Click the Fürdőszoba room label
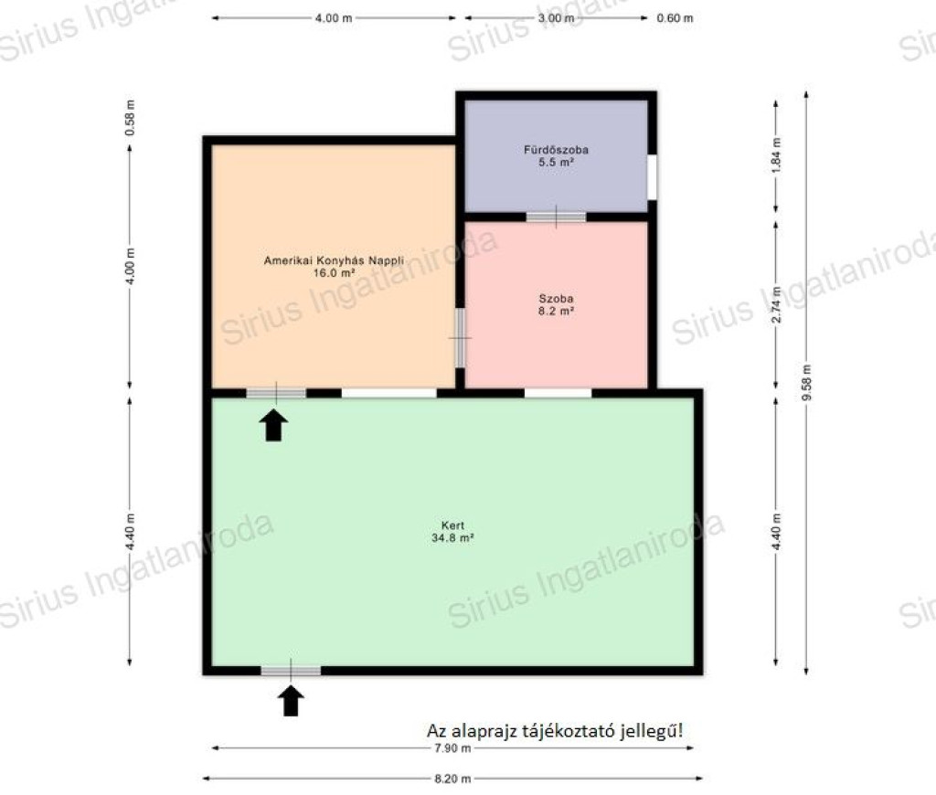[x=556, y=150]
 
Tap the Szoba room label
[x=556, y=299]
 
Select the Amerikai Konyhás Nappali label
[x=334, y=260]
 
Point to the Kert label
[x=452, y=525]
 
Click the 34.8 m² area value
[x=452, y=537]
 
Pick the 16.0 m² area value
[x=334, y=272]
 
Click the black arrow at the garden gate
[x=291, y=701]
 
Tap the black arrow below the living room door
[x=273, y=425]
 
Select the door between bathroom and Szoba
[x=556, y=217]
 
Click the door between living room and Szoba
[x=460, y=338]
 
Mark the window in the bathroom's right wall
[x=653, y=177]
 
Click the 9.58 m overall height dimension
[x=806, y=383]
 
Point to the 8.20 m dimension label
[x=452, y=779]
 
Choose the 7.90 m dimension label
[x=452, y=747]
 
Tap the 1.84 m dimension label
[x=776, y=155]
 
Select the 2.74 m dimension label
[x=776, y=304]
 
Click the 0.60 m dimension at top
[x=675, y=18]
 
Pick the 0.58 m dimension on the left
[x=130, y=118]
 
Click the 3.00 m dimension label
[x=556, y=18]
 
